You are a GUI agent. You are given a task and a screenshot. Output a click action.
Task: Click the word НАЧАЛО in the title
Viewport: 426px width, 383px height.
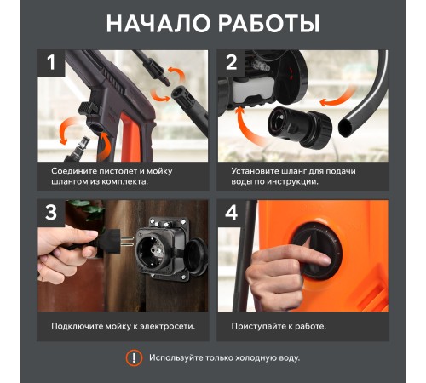click(x=155, y=23)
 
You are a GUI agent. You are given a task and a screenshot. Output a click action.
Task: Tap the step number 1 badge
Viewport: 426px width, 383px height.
click(x=53, y=64)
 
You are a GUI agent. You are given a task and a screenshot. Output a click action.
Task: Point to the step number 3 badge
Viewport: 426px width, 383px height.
click(x=53, y=214)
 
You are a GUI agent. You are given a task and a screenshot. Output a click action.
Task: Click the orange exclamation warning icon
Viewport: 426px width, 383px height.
click(x=134, y=358)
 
